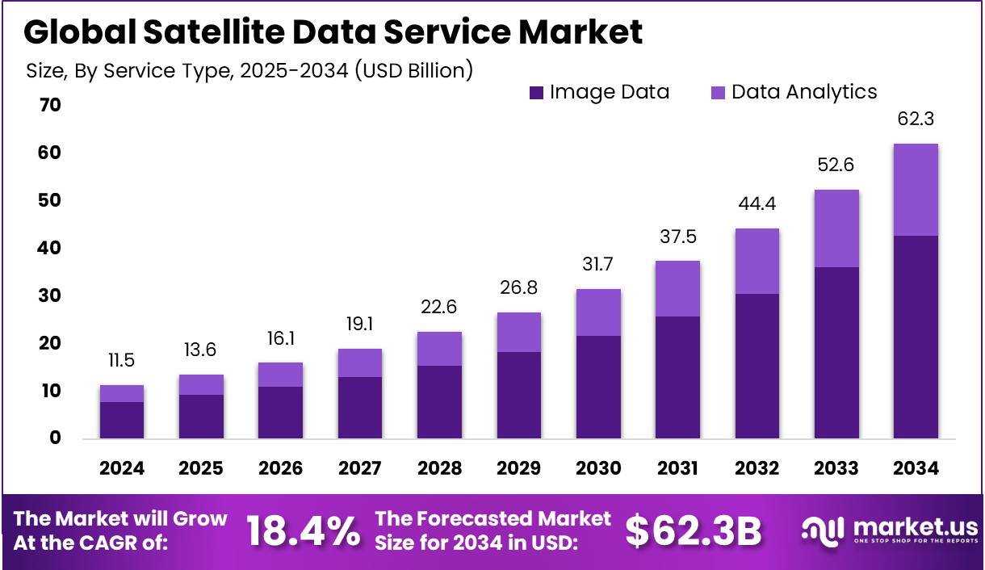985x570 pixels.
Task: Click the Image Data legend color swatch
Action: (536, 93)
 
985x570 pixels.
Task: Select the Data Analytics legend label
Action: (803, 92)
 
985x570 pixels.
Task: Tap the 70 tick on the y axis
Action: (50, 105)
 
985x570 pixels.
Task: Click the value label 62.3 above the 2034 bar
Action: (916, 119)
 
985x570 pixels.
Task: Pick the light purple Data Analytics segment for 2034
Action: (916, 190)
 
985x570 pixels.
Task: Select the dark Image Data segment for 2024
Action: (122, 420)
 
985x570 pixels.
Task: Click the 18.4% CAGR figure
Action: (303, 530)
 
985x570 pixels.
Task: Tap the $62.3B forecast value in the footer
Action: (694, 530)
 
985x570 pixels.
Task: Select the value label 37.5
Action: (677, 237)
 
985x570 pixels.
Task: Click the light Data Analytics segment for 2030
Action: (597, 312)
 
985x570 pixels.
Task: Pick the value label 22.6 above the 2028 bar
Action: (439, 308)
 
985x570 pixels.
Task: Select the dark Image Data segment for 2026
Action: (280, 412)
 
